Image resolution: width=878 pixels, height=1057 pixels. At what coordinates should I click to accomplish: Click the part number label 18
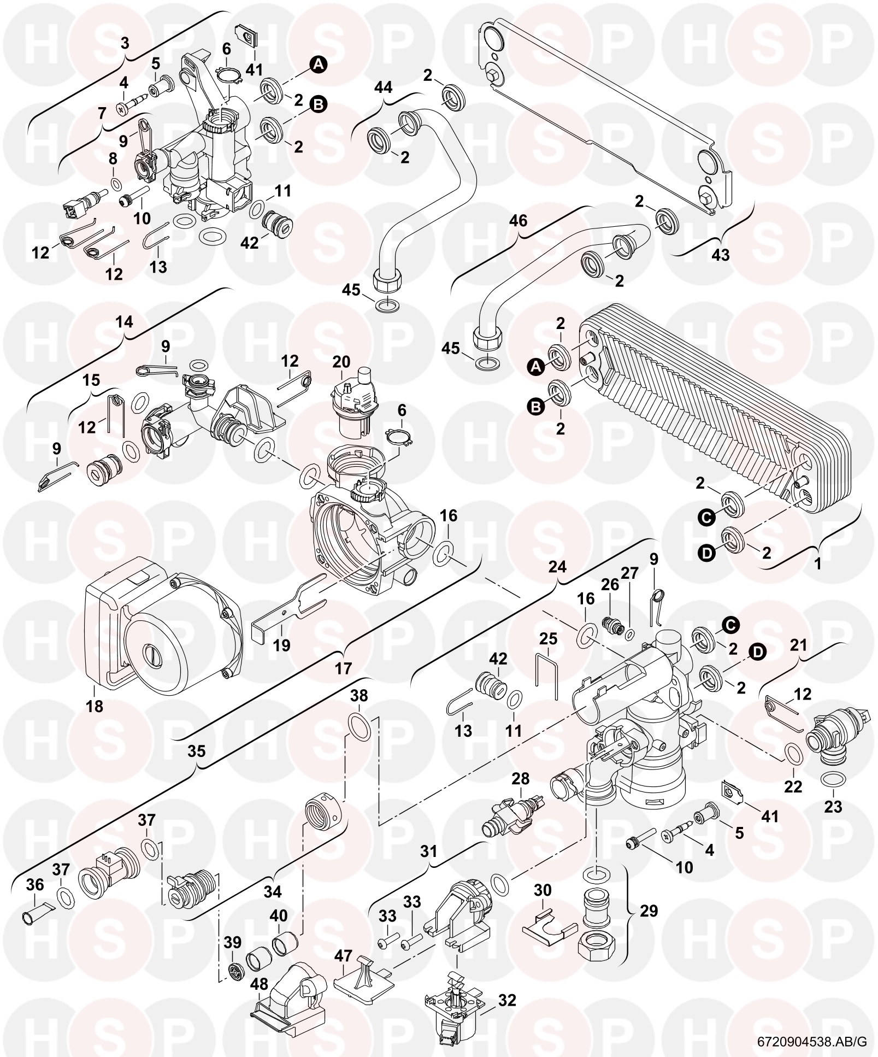pos(95,706)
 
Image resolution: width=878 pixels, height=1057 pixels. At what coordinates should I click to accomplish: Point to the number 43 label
pos(721,255)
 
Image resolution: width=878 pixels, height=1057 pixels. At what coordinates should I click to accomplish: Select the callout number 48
pos(258,968)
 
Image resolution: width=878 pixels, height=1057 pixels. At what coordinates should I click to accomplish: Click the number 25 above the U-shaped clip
pos(548,638)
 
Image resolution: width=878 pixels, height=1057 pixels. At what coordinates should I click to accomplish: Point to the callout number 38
pos(359,696)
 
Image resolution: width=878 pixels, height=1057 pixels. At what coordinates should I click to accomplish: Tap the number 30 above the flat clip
pos(543,890)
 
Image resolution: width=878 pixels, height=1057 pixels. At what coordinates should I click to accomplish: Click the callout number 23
pos(833,807)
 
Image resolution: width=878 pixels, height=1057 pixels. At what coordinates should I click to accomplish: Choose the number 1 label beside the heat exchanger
pos(818,563)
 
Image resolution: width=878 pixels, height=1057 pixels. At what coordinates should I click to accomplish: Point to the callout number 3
pos(125,43)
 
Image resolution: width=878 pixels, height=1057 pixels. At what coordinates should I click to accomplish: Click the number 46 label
pos(518,221)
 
